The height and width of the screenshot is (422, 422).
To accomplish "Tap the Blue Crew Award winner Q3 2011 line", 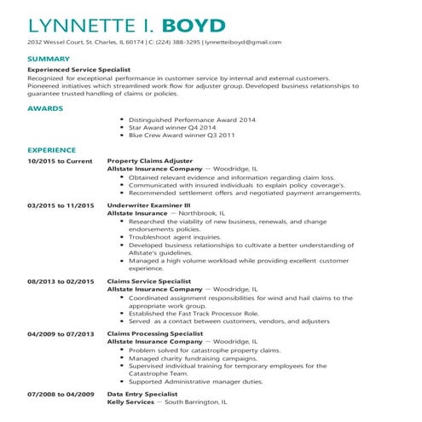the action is click(171, 135).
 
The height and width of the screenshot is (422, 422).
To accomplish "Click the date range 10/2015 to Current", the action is click(60, 160).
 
